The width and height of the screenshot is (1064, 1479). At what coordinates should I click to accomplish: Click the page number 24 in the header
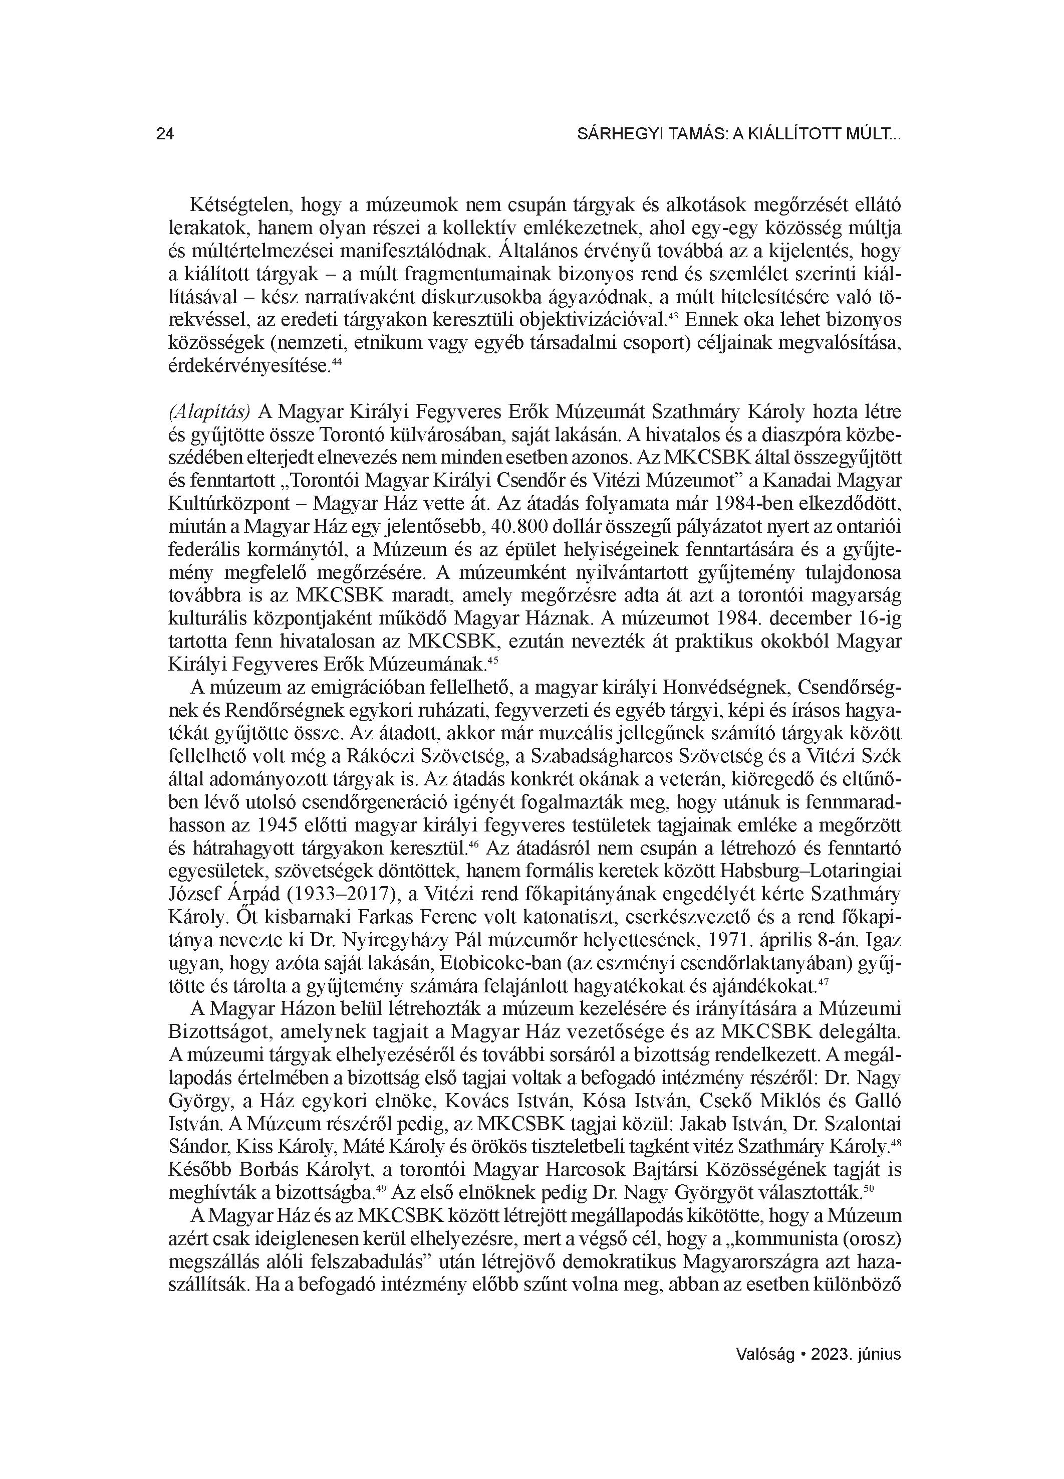[x=165, y=134]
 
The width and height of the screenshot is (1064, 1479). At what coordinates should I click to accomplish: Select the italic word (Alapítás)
[x=210, y=412]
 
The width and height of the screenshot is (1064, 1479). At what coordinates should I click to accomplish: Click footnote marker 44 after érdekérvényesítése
[x=337, y=362]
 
